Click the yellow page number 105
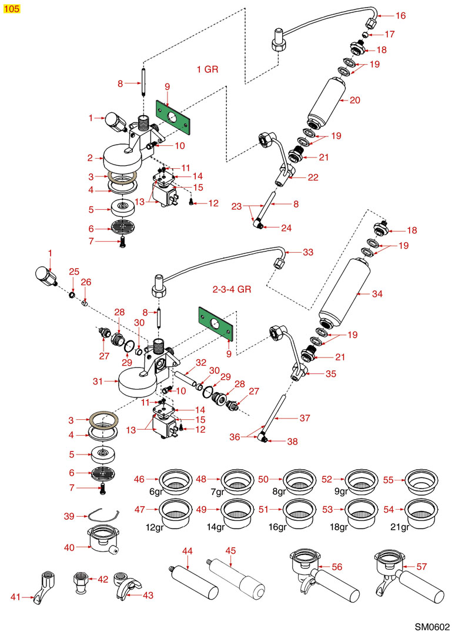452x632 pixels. [x=11, y=8]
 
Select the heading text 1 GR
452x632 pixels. [x=207, y=69]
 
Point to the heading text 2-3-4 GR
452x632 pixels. [x=232, y=290]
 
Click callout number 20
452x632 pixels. [x=354, y=100]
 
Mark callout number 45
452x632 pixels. [x=230, y=551]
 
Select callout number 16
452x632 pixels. [x=400, y=16]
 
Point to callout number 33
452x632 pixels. [x=309, y=252]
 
